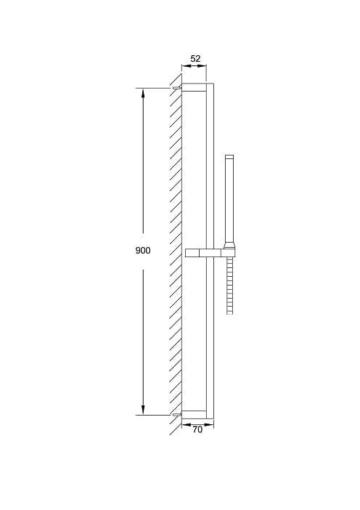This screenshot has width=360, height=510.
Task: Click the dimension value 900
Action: [143, 251]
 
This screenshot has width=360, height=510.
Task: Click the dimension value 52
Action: [195, 59]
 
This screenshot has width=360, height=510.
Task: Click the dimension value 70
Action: [197, 429]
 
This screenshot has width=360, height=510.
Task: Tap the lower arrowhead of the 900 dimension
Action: [143, 410]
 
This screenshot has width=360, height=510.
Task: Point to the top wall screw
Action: [176, 87]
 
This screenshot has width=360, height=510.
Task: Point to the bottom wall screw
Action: [176, 415]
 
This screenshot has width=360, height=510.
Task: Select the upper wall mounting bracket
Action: [194, 87]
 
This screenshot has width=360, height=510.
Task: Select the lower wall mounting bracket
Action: [194, 414]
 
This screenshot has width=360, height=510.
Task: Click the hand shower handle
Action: [229, 199]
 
